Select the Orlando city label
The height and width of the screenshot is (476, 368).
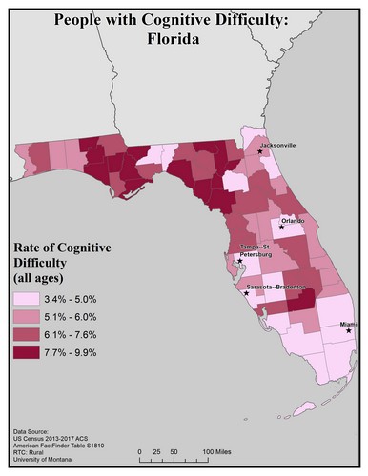pyautogui.click(x=293, y=220)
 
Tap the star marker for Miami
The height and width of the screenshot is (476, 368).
pyautogui.click(x=348, y=331)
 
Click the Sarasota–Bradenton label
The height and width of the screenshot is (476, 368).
pyautogui.click(x=276, y=286)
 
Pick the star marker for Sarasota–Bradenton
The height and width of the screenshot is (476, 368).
pyautogui.click(x=247, y=292)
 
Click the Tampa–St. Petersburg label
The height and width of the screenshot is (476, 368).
pyautogui.click(x=256, y=251)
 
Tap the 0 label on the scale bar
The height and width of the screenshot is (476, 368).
pyautogui.click(x=140, y=450)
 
